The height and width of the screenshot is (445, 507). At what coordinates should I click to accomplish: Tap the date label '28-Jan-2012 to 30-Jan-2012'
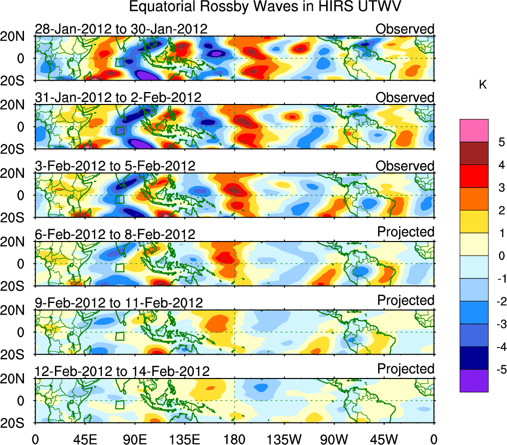pyautogui.click(x=121, y=29)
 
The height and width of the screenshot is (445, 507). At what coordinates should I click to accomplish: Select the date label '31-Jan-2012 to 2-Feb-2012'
pyautogui.click(x=118, y=97)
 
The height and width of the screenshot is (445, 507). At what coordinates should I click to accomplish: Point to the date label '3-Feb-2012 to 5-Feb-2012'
pyautogui.click(x=115, y=166)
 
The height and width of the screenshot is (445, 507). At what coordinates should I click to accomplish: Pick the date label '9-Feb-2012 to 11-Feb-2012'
pyautogui.click(x=119, y=303)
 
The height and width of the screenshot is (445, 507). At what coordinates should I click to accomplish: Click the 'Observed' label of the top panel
pyautogui.click(x=405, y=29)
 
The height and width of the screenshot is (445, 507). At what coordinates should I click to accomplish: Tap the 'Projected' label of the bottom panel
pyautogui.click(x=406, y=369)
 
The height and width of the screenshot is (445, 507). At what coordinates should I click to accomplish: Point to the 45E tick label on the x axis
pyautogui.click(x=84, y=439)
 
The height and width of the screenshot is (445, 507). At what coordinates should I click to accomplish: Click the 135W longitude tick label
pyautogui.click(x=284, y=439)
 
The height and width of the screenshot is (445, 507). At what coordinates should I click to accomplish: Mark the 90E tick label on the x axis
pyautogui.click(x=134, y=439)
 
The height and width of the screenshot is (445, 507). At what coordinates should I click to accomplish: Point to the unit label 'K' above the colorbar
pyautogui.click(x=483, y=85)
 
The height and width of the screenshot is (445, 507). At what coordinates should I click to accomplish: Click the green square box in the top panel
pyautogui.click(x=119, y=62)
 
